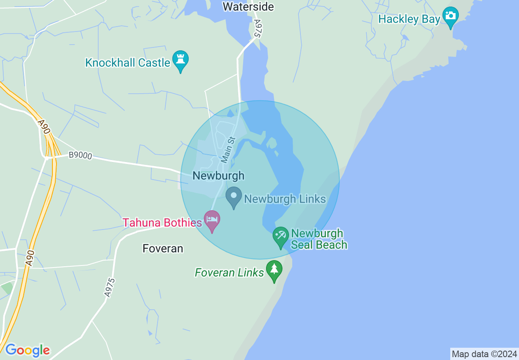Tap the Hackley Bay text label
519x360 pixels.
pos(409,19)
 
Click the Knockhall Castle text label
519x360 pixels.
pos(128,63)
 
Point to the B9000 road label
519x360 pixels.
pos(80,155)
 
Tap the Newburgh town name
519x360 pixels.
pos(218,176)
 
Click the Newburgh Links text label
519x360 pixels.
pos(285,199)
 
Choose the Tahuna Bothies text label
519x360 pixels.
pos(162,223)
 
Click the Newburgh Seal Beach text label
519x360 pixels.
pos(319,239)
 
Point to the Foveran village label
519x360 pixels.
pos(162,248)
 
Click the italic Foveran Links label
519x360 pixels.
pos(229,272)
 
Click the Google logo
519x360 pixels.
pos(27,350)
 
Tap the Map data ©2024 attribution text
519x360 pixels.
pos(484,354)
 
